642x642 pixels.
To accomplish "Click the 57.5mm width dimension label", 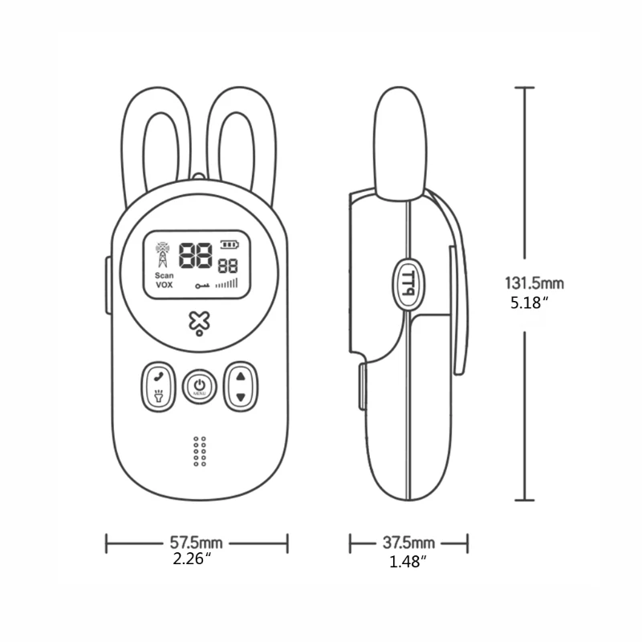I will [197, 543].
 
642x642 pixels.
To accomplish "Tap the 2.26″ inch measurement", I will [192, 559].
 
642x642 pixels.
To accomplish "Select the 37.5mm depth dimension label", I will [408, 543].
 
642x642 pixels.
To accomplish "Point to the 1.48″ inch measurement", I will [407, 562].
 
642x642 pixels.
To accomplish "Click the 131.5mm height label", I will [534, 283].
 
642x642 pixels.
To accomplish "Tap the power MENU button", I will [199, 387].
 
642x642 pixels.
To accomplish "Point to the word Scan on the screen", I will [164, 274].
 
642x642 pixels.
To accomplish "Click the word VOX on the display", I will [164, 285].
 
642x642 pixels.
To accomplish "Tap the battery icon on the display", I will [230, 245].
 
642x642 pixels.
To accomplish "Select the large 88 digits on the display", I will [196, 257].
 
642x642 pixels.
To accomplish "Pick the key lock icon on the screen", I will [203, 285].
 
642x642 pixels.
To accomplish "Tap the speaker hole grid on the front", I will [200, 452].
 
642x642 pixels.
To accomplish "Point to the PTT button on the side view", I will [408, 283].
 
